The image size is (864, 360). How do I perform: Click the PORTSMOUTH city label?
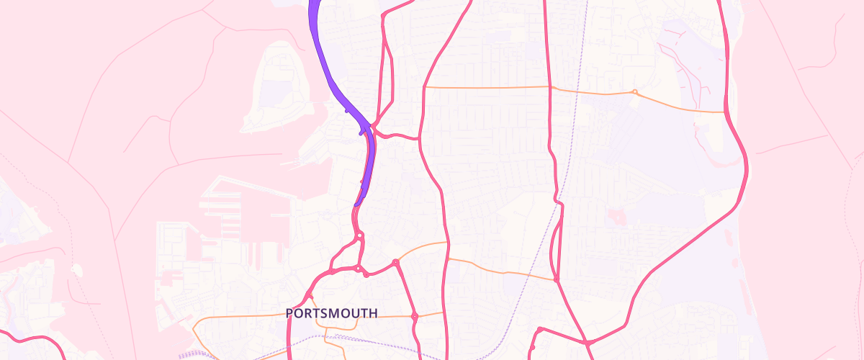[331, 313]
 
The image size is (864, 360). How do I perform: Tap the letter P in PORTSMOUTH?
[289, 313]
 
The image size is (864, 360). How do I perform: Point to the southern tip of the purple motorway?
[357, 204]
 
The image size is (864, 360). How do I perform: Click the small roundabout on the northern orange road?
[634, 91]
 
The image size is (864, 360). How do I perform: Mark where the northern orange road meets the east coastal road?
[725, 112]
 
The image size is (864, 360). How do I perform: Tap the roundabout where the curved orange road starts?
[395, 263]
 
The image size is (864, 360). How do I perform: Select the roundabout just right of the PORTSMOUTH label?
[415, 316]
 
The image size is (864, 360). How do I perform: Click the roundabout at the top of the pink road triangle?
[359, 235]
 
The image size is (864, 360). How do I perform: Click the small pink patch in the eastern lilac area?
[616, 216]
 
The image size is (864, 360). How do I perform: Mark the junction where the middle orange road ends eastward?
[557, 279]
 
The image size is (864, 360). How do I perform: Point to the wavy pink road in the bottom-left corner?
[36, 338]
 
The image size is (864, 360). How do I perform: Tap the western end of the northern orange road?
[425, 87]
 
